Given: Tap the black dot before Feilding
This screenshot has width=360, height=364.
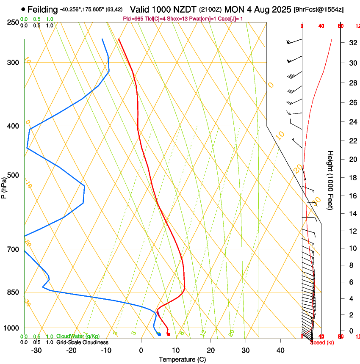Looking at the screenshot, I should coord(23,9).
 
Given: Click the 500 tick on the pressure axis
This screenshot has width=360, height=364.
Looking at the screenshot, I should coord(14,175).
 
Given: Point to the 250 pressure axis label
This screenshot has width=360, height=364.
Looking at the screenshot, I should coord(14,22).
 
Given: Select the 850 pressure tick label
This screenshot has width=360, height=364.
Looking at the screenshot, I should coord(14,292).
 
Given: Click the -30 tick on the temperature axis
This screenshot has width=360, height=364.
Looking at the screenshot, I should coord(36,350).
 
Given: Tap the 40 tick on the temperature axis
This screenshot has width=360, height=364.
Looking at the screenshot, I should coord(280,350).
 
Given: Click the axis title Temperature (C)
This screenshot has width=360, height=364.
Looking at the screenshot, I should coord(182,359).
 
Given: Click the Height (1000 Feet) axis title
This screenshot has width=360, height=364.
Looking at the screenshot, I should coord(330,180).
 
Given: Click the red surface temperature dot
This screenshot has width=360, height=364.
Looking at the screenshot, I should coord(169,334).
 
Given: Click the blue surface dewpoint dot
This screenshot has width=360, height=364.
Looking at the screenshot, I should coord(159,334).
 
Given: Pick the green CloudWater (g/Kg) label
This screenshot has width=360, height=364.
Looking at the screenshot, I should coord(78,336).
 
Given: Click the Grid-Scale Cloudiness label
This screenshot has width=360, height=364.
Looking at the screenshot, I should coord(82,342).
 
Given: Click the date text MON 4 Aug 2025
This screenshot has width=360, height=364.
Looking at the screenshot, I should coord(258,9).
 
